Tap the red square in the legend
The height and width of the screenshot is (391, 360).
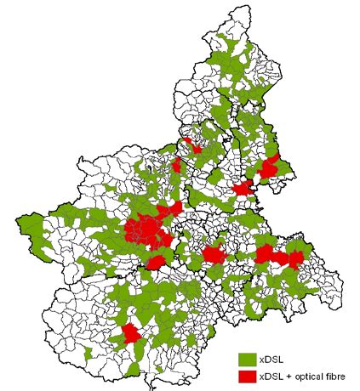(x=247, y=376)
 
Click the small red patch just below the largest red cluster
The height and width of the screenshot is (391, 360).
(x=155, y=262)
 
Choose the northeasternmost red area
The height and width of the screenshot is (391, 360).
(x=271, y=167)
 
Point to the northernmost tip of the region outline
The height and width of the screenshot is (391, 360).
(x=236, y=7)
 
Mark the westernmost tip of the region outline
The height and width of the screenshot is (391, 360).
(x=15, y=223)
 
